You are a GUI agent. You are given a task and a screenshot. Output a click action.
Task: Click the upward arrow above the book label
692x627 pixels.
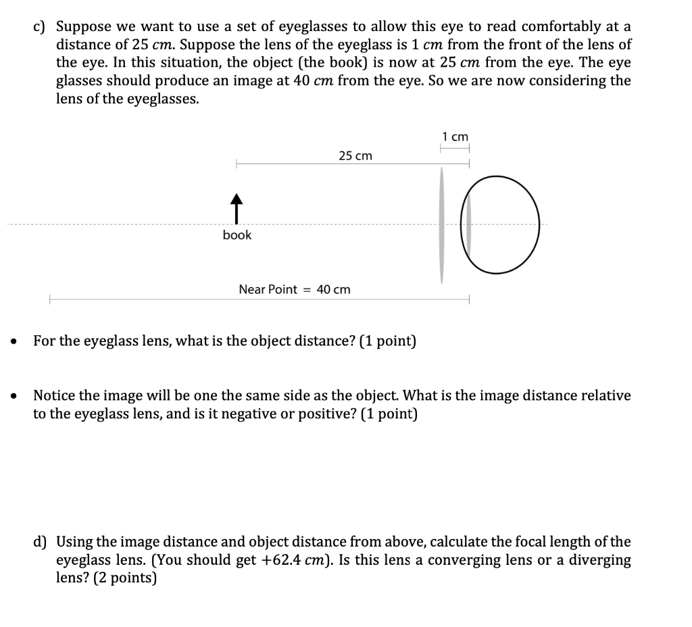point(236,207)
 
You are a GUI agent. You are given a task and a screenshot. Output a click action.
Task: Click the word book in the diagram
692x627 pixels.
point(237,235)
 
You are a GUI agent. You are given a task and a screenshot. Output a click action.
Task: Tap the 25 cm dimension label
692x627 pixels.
point(355,156)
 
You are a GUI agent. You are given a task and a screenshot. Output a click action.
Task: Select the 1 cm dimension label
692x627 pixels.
point(455,136)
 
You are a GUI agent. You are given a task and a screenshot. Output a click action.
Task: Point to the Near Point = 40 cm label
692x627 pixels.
point(295,289)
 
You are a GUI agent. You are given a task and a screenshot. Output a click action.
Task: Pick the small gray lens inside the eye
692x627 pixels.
point(466,226)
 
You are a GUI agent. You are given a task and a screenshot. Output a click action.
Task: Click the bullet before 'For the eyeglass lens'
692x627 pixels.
point(14,342)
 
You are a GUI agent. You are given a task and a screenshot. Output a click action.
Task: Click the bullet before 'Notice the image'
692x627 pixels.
point(14,396)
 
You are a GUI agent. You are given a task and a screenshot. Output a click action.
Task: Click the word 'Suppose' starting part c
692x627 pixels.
point(80,27)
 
